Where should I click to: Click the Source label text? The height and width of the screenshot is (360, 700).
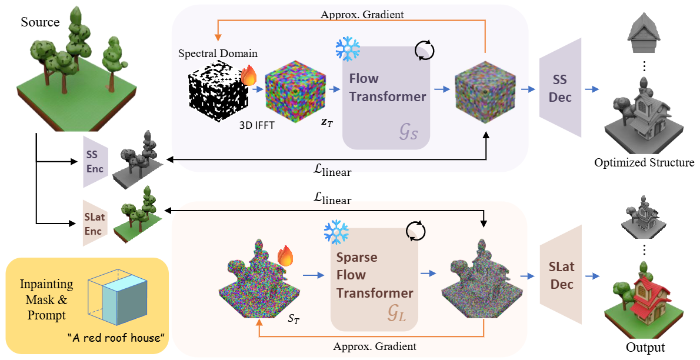click(x=40, y=23)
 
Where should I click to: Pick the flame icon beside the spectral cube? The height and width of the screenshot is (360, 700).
click(x=248, y=76)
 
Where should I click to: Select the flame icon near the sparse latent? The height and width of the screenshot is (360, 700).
click(x=285, y=256)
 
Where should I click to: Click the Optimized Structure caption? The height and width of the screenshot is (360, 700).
click(x=644, y=162)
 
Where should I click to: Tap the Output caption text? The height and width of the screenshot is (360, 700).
click(x=645, y=346)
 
